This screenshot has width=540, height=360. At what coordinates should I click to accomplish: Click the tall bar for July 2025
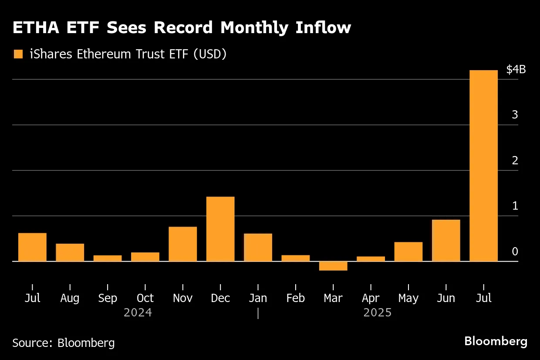pyautogui.click(x=483, y=166)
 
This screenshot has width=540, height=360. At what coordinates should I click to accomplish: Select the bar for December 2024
pyautogui.click(x=220, y=229)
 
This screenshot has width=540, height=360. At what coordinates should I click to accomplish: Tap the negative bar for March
pyautogui.click(x=333, y=266)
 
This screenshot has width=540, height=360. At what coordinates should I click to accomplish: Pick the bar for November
pyautogui.click(x=182, y=244)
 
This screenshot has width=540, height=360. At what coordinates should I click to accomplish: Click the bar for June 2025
pyautogui.click(x=446, y=241)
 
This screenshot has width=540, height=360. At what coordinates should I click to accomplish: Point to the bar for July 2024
pyautogui.click(x=32, y=247)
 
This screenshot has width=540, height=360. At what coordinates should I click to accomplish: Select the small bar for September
pyautogui.click(x=108, y=258)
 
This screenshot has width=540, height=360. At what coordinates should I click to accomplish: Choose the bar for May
pyautogui.click(x=408, y=251)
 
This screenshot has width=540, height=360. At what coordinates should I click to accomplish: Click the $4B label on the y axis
pyautogui.click(x=516, y=70)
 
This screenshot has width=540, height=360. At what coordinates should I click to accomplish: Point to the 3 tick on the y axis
pyautogui.click(x=515, y=115)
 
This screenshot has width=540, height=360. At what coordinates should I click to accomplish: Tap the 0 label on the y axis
pyautogui.click(x=515, y=251)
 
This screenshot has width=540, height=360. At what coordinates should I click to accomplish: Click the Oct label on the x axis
pyautogui.click(x=145, y=298)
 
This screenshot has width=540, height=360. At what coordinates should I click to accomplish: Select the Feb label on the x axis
pyautogui.click(x=296, y=298)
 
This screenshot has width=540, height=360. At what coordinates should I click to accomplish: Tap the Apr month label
pyautogui.click(x=371, y=299)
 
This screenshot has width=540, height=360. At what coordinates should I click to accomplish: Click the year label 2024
pyautogui.click(x=138, y=313)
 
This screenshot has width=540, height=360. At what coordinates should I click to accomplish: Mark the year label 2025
pyautogui.click(x=378, y=313)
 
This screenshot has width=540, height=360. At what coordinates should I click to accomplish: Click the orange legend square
pyautogui.click(x=18, y=54)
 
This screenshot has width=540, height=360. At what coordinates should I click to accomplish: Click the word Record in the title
pyautogui.click(x=183, y=28)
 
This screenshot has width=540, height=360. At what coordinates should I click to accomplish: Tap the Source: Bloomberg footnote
pyautogui.click(x=64, y=343)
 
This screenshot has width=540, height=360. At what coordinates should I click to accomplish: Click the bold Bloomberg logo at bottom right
pyautogui.click(x=496, y=341)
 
